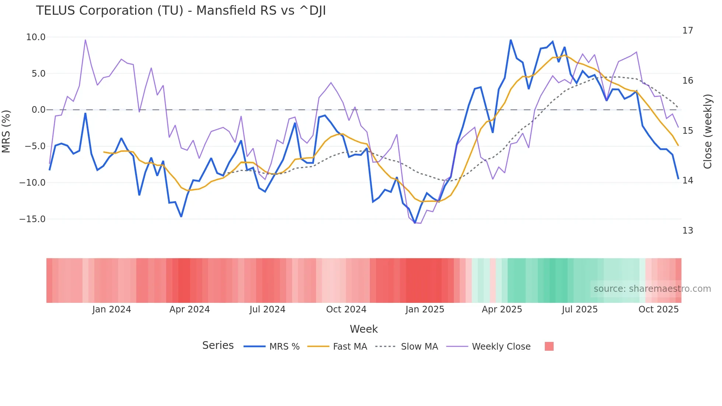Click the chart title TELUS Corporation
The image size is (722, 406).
pos(180,11)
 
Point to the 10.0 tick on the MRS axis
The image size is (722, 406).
pos(36,37)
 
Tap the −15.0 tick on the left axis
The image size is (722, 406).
pos(32,219)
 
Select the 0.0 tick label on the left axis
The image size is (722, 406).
pos(38,110)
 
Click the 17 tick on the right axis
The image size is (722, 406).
pos(687,31)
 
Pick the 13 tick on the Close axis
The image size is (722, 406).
pos(687,231)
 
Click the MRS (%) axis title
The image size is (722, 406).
pos(6,132)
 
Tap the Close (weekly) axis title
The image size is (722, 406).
pos(707,132)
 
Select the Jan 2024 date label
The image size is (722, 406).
pos(111,309)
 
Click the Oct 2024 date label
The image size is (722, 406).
pos(346,309)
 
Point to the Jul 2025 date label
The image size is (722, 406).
pos(579,309)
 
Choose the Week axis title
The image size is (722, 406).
pos(364,329)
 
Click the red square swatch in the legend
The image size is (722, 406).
pos(549,346)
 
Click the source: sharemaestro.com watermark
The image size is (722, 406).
pos(652,289)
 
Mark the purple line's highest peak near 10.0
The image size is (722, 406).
pos(85,40)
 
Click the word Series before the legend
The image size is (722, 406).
pos(218,346)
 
